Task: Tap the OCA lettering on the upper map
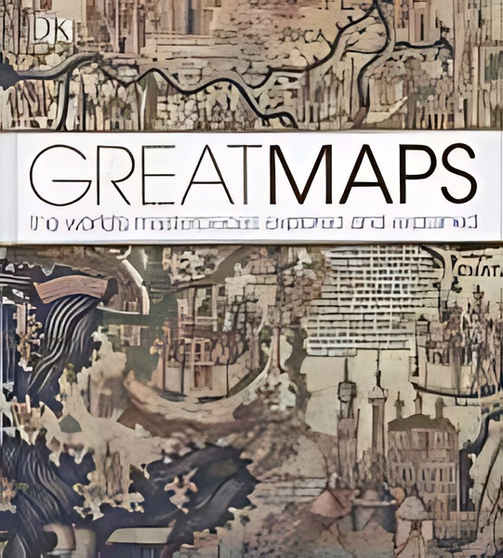pyautogui.click(x=295, y=38)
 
